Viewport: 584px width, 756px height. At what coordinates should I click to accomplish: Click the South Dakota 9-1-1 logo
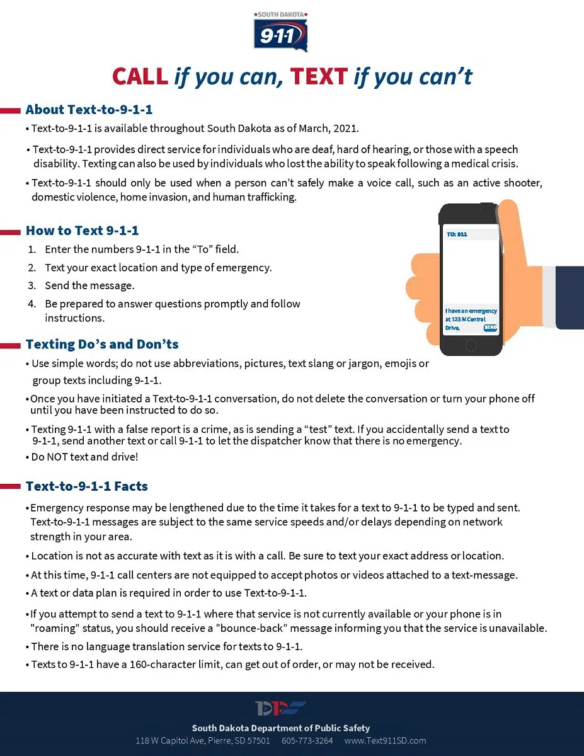(281, 31)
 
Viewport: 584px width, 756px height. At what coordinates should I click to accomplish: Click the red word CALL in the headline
(140, 77)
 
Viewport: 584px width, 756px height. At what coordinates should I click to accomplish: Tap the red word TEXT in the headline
(319, 77)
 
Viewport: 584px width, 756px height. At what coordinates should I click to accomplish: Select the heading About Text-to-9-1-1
(89, 110)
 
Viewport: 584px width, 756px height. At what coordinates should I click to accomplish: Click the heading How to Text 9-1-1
(82, 231)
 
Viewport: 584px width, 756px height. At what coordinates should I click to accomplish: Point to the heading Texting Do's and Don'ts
(102, 344)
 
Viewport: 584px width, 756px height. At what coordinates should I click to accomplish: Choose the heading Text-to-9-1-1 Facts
(87, 486)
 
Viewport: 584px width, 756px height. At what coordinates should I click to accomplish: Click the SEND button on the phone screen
(490, 328)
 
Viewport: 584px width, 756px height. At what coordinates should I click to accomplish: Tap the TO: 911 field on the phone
(457, 234)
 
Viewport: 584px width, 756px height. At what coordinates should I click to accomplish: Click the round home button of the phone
(471, 345)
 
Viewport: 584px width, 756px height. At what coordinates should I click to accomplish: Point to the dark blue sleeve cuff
(570, 297)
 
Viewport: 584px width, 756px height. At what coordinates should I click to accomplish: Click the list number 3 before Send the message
(31, 285)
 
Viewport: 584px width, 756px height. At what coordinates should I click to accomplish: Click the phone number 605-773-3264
(307, 740)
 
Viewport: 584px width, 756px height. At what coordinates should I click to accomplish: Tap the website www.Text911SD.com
(386, 740)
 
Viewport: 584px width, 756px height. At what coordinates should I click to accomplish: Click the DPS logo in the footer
(281, 708)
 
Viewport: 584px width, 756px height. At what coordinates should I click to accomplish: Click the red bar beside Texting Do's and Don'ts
(11, 345)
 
